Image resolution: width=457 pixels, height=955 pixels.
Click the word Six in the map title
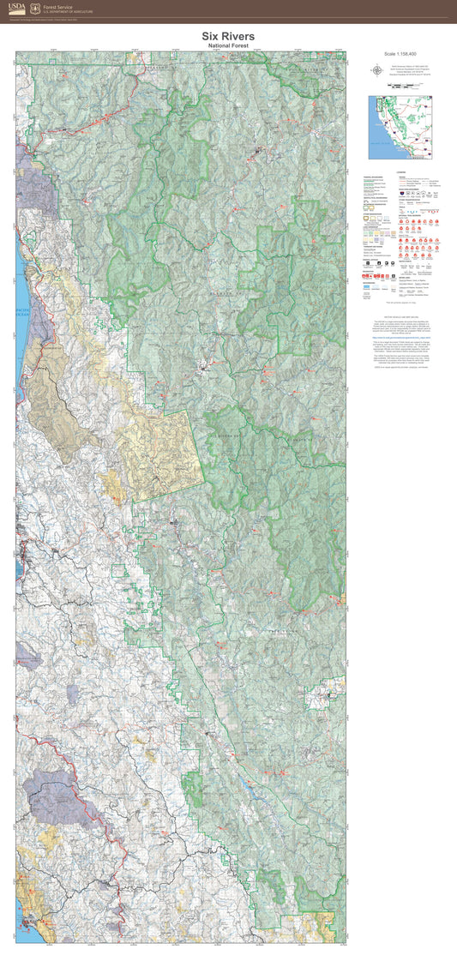[x=212, y=35]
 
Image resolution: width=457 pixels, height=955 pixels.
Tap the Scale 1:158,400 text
[x=400, y=54]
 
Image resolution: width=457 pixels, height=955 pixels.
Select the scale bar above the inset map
[x=400, y=87]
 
